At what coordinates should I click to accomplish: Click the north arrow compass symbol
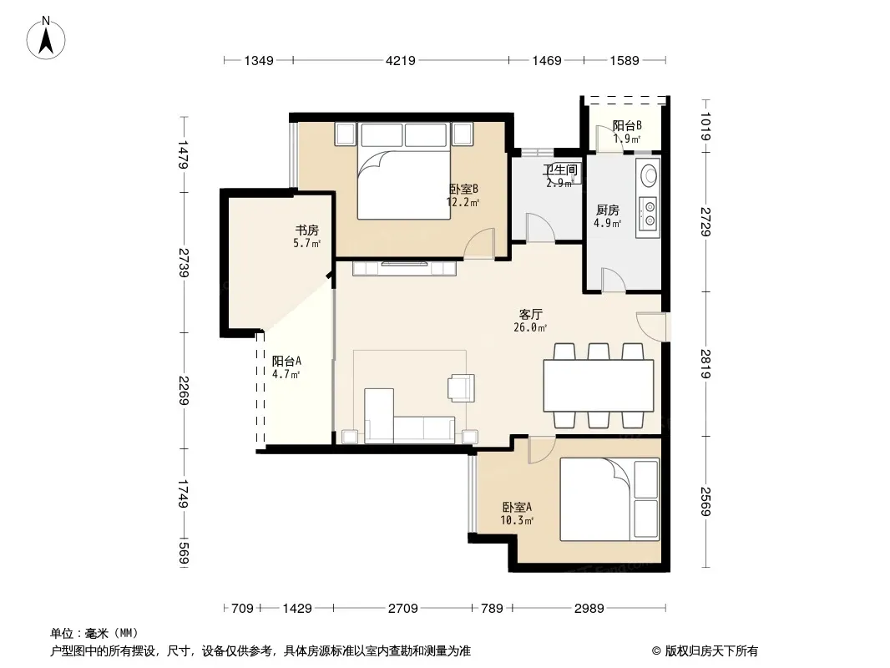[46, 38]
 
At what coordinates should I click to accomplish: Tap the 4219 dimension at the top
[401, 60]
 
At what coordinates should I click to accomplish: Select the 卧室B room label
[463, 189]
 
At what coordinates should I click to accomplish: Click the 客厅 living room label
[531, 314]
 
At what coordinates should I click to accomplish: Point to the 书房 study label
[306, 230]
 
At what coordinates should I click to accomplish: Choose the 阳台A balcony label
[286, 361]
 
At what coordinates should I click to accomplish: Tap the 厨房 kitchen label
[607, 210]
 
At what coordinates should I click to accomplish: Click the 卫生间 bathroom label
[560, 170]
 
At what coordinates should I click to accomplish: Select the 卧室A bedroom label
[517, 507]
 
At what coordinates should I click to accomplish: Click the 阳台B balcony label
[627, 125]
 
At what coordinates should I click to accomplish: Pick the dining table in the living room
[599, 386]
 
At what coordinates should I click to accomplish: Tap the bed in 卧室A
[609, 499]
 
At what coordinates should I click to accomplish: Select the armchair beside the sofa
[461, 388]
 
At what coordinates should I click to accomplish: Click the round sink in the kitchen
[648, 175]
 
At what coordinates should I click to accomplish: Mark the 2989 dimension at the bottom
[589, 609]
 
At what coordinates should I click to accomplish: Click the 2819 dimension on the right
[705, 364]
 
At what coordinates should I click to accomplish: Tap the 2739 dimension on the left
[183, 262]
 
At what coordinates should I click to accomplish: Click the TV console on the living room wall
[404, 268]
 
